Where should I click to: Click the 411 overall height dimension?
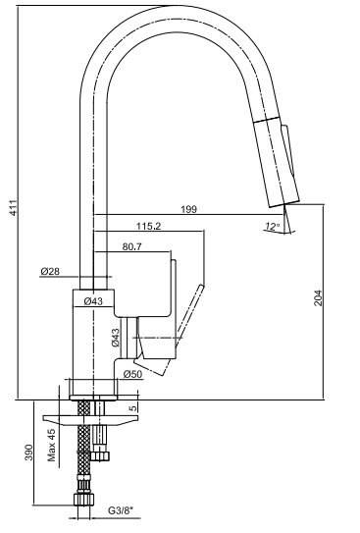[14, 207]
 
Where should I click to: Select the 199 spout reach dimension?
[188, 209]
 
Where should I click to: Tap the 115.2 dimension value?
[148, 226]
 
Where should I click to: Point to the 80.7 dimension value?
[131, 246]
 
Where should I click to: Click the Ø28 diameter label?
[50, 271]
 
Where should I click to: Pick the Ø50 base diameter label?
[132, 374]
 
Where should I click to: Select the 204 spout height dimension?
[318, 297]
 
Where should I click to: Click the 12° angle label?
[272, 226]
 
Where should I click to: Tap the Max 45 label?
[51, 445]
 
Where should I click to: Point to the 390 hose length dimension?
[28, 453]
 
